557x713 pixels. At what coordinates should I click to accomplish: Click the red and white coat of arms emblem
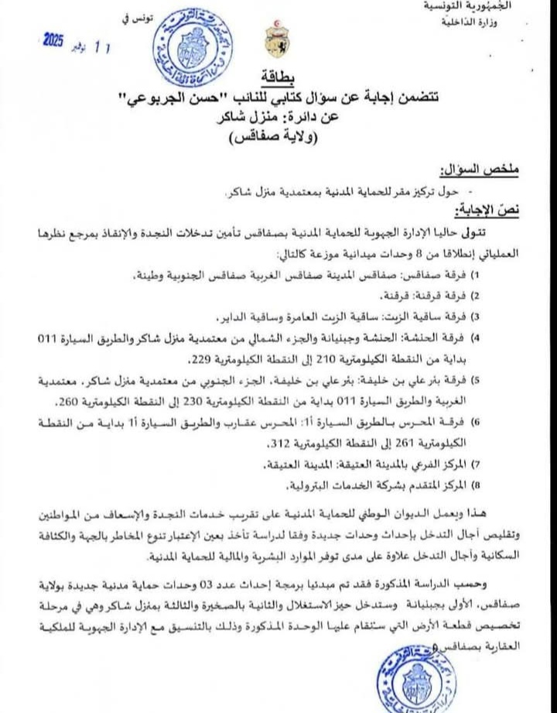pyautogui.click(x=277, y=41)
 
